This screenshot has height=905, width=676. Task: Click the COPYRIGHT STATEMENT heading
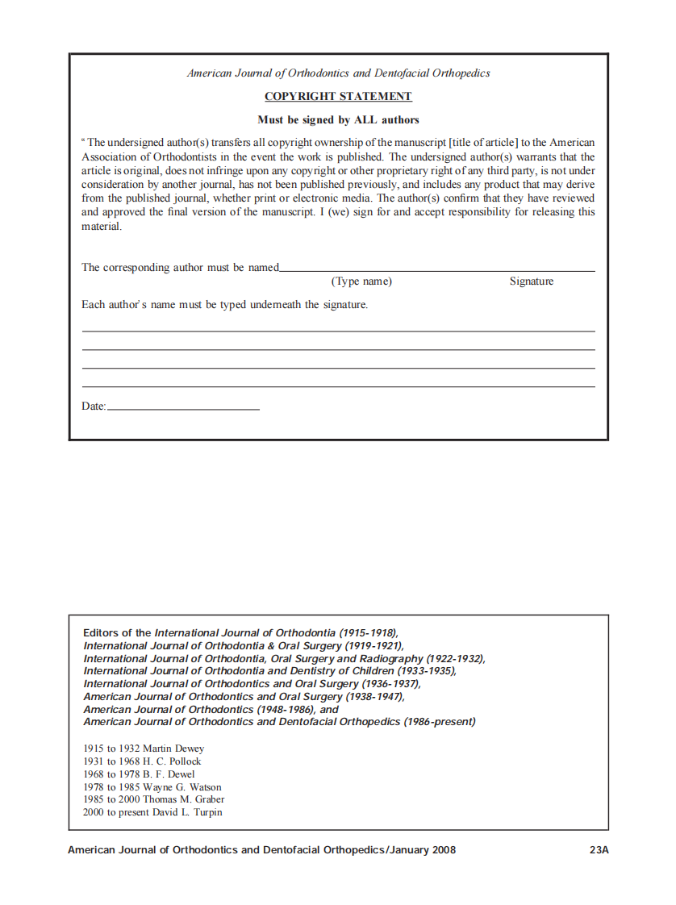338,97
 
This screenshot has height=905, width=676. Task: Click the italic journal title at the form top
338,73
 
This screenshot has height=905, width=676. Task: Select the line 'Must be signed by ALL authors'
338,120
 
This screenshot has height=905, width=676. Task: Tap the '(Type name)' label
361,282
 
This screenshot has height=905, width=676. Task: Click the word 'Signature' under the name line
531,282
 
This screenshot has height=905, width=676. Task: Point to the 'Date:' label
94,407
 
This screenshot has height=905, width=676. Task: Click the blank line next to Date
183,408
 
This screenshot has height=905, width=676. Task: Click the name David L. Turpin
187,812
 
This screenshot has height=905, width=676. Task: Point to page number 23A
598,850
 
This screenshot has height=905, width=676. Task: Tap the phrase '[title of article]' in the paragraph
482,143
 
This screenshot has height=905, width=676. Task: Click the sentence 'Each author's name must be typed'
224,305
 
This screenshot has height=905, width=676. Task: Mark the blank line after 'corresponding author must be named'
436,269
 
